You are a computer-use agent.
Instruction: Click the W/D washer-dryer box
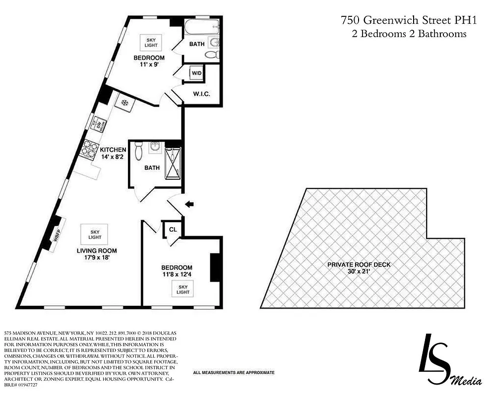pos(196,74)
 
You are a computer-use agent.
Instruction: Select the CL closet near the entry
pos(173,230)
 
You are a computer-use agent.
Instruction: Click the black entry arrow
pos(189,203)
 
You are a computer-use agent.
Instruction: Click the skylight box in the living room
pos(95,234)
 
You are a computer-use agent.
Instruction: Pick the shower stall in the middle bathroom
pos(173,163)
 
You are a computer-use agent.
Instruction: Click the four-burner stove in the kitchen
pos(88,149)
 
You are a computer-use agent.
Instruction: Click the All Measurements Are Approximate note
pos(234,372)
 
